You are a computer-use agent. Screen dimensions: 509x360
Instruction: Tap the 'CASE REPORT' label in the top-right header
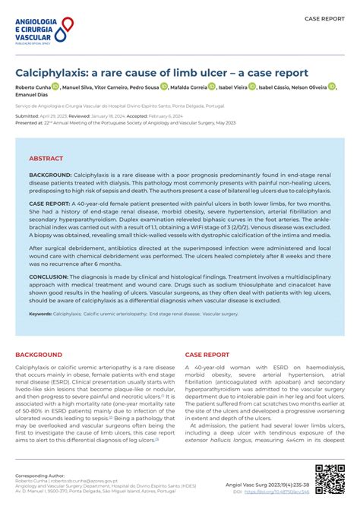(324, 17)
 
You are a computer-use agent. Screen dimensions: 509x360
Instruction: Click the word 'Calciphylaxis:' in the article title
(52, 73)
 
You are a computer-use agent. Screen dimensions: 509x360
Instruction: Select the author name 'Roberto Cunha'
(33, 88)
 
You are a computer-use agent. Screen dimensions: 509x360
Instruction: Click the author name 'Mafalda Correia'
(184, 88)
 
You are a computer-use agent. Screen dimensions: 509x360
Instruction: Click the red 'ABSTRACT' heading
(46, 159)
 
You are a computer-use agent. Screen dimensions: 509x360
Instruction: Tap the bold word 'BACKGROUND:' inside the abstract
(50, 175)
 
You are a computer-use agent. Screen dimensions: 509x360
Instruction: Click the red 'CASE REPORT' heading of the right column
(207, 355)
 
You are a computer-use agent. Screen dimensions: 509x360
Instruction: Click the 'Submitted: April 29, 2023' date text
(43, 115)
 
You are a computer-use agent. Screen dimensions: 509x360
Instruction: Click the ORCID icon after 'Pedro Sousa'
(163, 88)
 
